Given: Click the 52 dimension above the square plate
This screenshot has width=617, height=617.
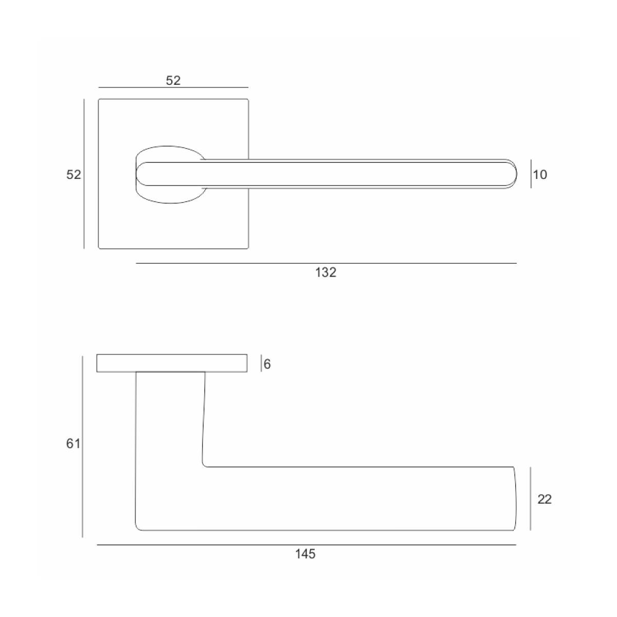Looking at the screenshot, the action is pos(173,81).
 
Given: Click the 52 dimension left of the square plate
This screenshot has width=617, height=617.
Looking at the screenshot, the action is pos(74,175).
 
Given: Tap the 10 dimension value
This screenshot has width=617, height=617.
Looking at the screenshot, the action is pos(540,175).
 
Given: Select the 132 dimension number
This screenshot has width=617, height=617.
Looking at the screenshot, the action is pos(325,273).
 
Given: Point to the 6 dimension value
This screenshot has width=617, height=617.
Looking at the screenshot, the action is pos(267,364).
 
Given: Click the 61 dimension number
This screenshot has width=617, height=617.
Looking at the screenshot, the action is pos(74,444).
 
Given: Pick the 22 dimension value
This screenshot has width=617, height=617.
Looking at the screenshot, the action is pos(545,499).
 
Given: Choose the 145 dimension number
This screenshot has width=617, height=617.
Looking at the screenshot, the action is pos(305,554).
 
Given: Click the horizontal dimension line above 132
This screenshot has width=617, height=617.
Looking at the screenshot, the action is pos(326,264).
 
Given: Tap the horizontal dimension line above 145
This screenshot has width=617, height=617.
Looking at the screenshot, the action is pos(306,545).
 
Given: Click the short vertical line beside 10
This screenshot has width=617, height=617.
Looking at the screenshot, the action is pos(531,174).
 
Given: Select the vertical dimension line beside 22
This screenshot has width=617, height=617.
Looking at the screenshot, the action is pos(531,499).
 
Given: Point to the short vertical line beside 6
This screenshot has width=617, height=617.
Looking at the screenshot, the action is pos(261,363).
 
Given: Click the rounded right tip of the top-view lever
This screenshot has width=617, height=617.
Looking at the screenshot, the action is pos(516,174).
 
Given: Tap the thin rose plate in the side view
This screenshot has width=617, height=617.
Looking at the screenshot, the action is pos(172,363).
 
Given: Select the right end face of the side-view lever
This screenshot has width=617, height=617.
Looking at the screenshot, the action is pos(515,499).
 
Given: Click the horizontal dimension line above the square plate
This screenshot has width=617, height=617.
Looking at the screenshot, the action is pos(173,87).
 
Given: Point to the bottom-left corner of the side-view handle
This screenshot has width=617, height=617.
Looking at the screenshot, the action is pos(136,530).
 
